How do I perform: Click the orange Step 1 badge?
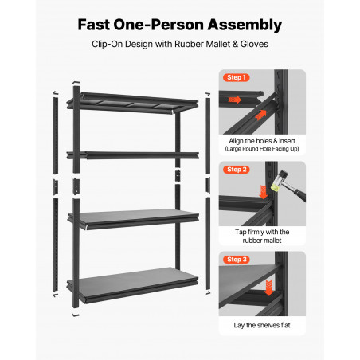click(x=237, y=77)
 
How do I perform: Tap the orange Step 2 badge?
click(x=237, y=170)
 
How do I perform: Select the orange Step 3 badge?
click(x=237, y=260)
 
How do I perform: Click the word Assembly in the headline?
click(x=245, y=25)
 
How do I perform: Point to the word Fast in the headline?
click(x=94, y=25)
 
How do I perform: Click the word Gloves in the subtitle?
click(x=254, y=44)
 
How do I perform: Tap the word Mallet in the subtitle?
click(x=218, y=44)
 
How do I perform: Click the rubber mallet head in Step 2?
click(x=279, y=181)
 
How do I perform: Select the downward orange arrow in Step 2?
click(x=263, y=192)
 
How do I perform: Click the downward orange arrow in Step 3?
click(x=268, y=288)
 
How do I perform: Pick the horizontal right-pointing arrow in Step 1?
click(x=234, y=100)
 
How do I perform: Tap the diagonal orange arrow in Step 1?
click(x=260, y=115)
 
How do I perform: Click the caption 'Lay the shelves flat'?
click(x=262, y=325)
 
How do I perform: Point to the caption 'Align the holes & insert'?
click(x=262, y=141)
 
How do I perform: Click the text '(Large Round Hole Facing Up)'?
click(x=262, y=149)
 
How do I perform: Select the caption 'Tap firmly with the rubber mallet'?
click(x=262, y=236)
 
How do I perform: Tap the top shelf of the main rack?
click(x=133, y=103)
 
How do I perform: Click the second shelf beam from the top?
click(x=133, y=155)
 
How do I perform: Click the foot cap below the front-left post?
click(x=76, y=315)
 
